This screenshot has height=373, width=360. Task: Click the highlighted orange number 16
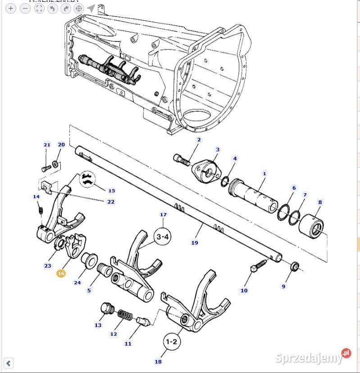[x=61, y=273]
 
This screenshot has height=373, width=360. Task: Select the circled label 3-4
[x=163, y=237]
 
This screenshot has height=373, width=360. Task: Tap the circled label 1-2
[x=171, y=342]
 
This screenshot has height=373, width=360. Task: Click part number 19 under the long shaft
[x=195, y=243]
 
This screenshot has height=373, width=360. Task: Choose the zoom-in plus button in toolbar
[x=11, y=8]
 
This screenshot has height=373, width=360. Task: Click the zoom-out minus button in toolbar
[x=25, y=8]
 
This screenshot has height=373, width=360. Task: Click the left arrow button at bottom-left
[x=8, y=363]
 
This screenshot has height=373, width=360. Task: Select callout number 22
[x=111, y=202]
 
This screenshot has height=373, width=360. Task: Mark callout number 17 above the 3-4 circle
[x=163, y=215]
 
